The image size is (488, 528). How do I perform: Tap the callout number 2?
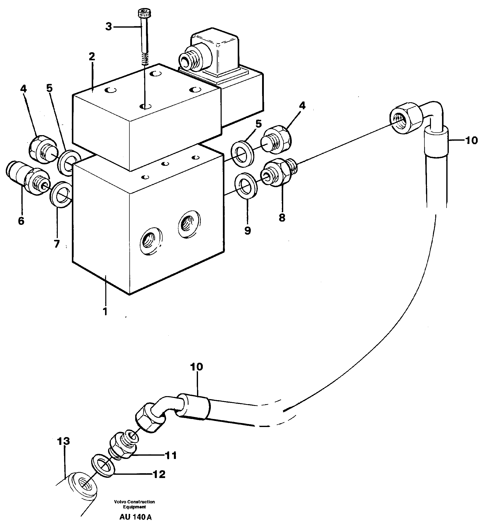tap(92, 57)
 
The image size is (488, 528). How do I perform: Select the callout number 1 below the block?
tap(105, 311)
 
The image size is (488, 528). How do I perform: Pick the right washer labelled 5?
tap(242, 154)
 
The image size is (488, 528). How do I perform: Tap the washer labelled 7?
tap(61, 194)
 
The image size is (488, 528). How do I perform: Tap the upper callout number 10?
tap(471, 140)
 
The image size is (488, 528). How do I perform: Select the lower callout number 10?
tap(196, 367)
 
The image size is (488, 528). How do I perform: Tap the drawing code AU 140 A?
tap(135, 517)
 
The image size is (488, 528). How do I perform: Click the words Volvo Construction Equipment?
tap(134, 504)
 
